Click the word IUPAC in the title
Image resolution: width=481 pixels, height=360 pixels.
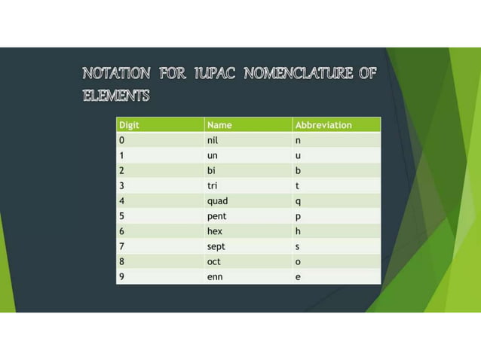(215, 74)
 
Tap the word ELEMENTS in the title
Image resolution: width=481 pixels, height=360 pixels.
(116, 96)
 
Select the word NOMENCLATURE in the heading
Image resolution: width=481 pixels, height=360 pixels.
(297, 74)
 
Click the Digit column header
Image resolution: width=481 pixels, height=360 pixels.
(129, 125)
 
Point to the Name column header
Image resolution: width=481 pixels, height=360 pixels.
(219, 125)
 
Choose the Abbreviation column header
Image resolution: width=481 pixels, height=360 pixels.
(323, 125)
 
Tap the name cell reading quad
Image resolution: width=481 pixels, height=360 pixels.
(217, 201)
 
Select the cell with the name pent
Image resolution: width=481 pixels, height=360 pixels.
(216, 216)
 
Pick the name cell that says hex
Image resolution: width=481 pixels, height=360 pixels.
(214, 231)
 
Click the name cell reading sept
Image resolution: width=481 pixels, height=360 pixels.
(216, 246)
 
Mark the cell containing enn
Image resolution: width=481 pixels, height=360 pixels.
(215, 277)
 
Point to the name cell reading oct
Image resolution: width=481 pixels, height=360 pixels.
(214, 262)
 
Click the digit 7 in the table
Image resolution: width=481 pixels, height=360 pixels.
(121, 246)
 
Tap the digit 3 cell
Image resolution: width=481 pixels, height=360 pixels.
(121, 185)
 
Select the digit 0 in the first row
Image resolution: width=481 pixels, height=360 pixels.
(121, 140)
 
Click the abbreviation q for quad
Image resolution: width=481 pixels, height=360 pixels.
(298, 201)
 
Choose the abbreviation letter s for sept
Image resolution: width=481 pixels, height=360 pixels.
(298, 246)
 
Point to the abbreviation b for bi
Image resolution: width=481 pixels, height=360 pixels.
(298, 170)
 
